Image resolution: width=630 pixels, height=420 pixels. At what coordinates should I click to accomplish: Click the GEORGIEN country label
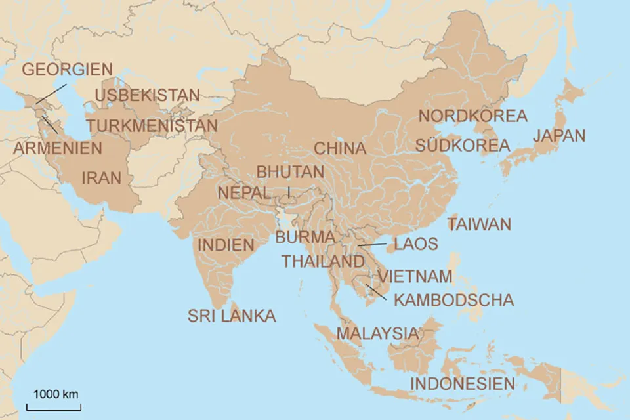click(68, 69)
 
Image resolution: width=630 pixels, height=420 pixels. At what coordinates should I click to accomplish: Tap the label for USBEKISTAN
click(147, 95)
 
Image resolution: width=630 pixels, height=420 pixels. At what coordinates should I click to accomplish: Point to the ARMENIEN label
click(58, 148)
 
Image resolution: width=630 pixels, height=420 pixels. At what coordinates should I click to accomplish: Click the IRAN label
click(102, 177)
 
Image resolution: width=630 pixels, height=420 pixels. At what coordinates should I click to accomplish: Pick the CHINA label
click(340, 148)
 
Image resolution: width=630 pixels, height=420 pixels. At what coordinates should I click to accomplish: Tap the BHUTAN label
click(290, 171)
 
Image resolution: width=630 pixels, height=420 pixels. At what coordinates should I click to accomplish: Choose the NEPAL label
click(244, 193)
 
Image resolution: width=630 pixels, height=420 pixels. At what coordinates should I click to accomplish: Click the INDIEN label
click(226, 245)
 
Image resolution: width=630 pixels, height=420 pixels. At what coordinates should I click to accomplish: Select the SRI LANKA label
click(232, 316)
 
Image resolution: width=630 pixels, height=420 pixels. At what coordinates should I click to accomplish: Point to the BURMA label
click(305, 237)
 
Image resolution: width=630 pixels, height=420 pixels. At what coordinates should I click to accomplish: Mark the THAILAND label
click(323, 261)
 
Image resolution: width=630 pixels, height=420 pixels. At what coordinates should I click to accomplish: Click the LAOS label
click(415, 244)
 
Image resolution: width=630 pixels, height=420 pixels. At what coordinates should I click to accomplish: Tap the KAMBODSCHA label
click(453, 300)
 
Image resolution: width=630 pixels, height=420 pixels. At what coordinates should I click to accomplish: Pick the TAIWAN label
click(479, 224)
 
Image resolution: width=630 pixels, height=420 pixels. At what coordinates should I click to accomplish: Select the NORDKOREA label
click(472, 116)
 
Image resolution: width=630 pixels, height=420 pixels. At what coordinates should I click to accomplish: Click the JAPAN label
click(559, 136)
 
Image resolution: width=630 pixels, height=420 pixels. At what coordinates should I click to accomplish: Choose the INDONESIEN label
click(463, 383)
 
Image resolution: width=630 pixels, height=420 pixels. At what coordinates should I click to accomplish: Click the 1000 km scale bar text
click(56, 394)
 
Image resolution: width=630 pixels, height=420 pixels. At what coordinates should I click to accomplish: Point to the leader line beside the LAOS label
click(373, 245)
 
